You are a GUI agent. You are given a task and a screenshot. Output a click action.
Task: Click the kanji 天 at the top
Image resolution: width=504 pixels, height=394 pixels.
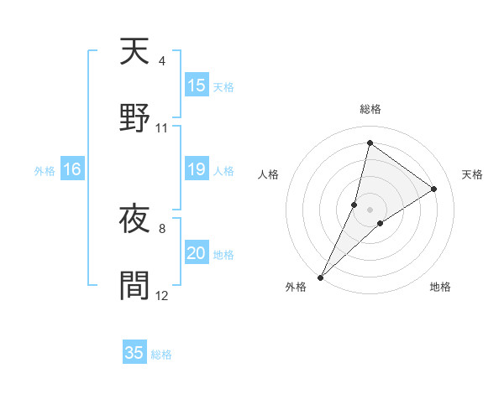tap(134, 52)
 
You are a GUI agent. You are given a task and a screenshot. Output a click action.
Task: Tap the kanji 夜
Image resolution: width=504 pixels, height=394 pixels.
tap(134, 223)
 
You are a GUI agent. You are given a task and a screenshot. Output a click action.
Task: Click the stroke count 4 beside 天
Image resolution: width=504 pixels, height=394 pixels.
tap(161, 61)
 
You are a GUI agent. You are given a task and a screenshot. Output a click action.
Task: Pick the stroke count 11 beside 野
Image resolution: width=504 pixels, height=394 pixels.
tap(162, 128)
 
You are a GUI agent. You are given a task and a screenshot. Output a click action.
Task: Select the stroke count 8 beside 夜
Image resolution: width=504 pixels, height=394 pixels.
tap(161, 227)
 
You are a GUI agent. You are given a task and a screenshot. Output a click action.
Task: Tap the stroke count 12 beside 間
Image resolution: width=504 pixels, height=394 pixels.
tap(162, 295)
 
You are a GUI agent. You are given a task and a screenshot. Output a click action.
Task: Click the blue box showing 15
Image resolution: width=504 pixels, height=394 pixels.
tap(197, 86)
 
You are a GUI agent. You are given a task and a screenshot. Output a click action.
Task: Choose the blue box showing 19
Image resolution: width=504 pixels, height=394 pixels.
tap(197, 169)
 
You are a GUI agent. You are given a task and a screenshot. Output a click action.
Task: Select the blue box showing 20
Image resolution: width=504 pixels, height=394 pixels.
tap(197, 253)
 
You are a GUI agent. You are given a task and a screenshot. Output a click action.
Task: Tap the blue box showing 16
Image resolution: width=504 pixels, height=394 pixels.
tap(71, 169)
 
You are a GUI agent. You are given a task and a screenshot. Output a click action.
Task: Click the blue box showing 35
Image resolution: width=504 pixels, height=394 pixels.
tap(134, 353)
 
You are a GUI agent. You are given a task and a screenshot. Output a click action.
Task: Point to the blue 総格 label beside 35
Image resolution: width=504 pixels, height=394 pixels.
tap(161, 355)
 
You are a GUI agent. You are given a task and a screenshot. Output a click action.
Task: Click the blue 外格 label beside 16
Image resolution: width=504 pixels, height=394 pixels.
tap(45, 171)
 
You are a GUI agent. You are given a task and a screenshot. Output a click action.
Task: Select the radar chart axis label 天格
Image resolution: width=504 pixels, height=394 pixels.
tap(472, 174)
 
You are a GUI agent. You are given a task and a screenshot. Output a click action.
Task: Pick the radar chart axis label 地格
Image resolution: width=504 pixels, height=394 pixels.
tap(440, 288)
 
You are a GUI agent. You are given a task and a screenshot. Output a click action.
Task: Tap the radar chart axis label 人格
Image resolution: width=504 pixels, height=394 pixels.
tap(269, 174)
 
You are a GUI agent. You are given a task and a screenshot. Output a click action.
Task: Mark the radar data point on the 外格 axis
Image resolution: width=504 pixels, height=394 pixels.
tap(320, 277)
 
